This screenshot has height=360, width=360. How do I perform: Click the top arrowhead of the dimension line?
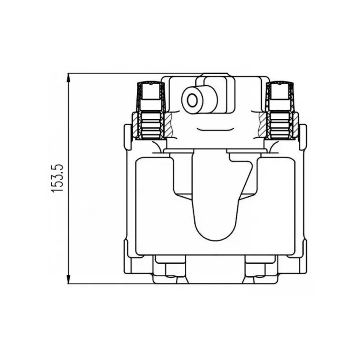click(68, 78)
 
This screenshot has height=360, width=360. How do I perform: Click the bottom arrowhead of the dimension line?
click(68, 279)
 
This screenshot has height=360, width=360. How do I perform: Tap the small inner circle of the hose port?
click(192, 100)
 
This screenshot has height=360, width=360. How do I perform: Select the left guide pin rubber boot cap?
click(151, 91)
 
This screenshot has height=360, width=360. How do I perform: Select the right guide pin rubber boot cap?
click(280, 91)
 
